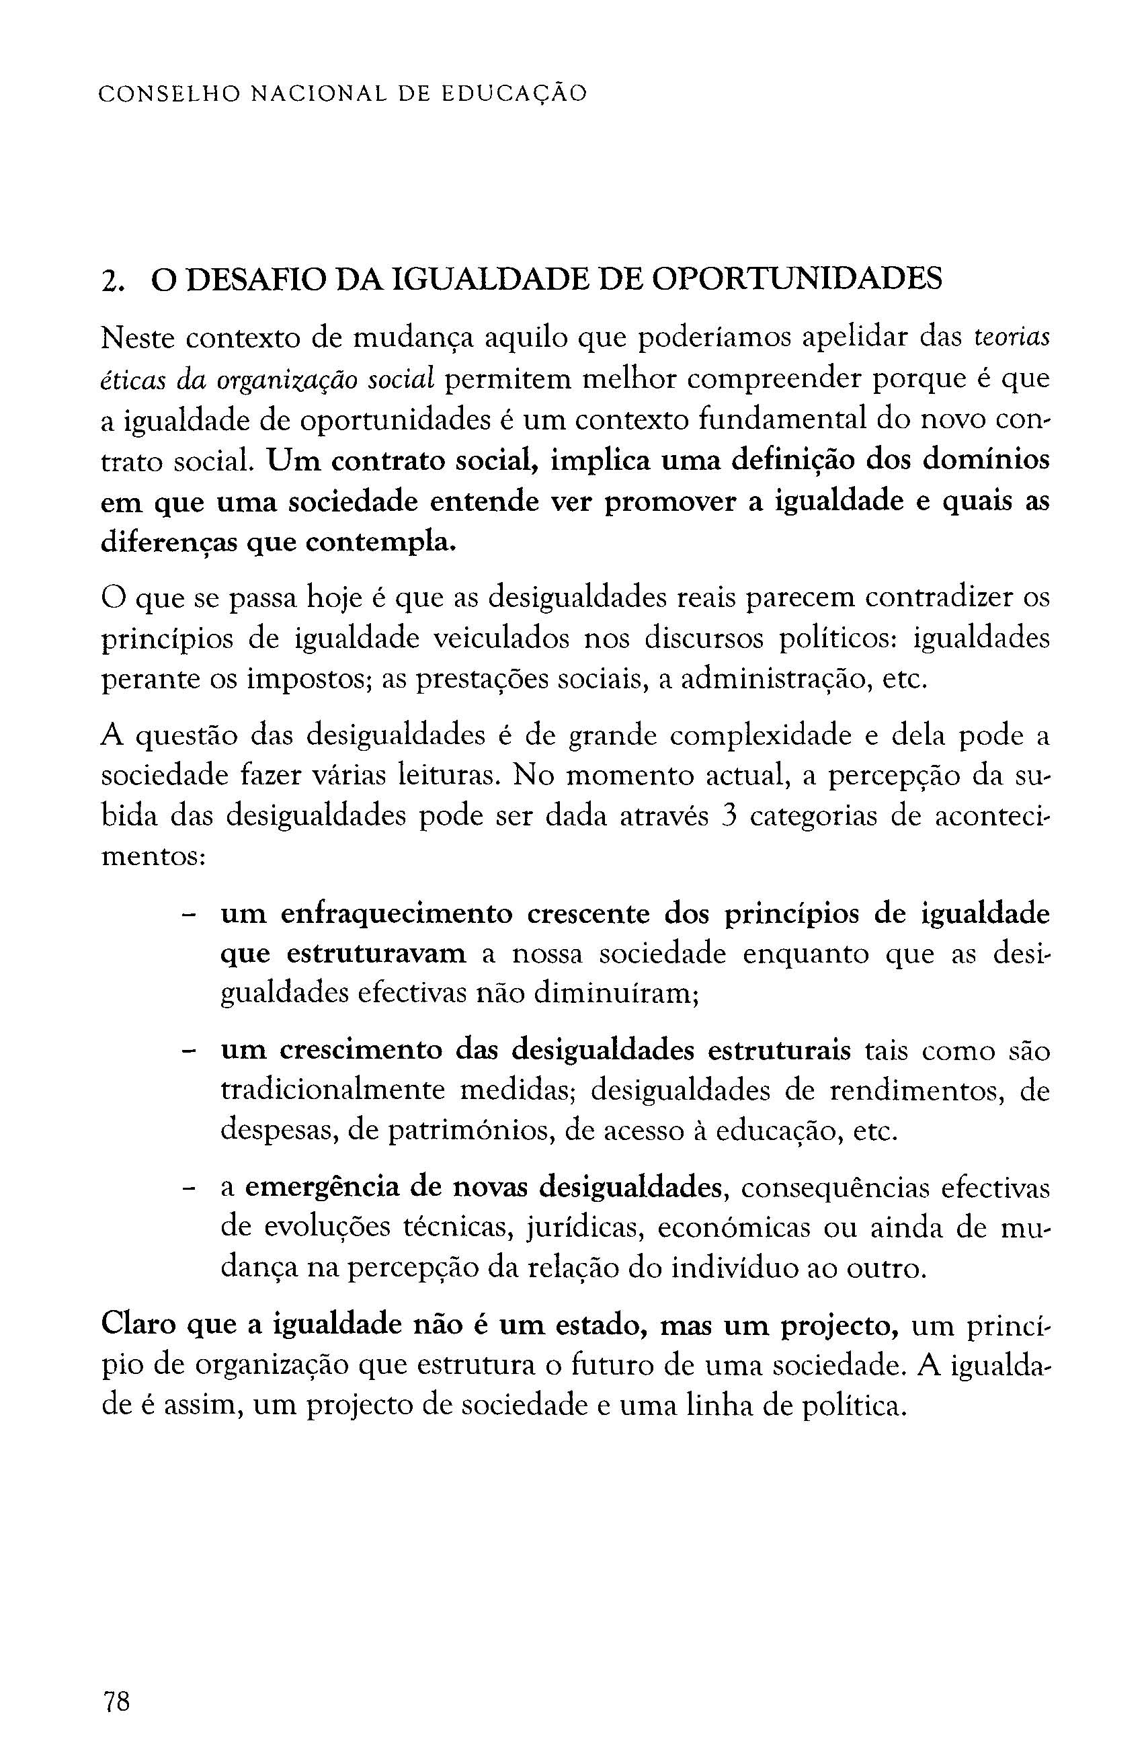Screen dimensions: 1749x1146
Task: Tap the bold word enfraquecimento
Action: pyautogui.click(x=396, y=914)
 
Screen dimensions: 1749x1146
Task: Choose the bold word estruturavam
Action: pyautogui.click(x=375, y=954)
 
